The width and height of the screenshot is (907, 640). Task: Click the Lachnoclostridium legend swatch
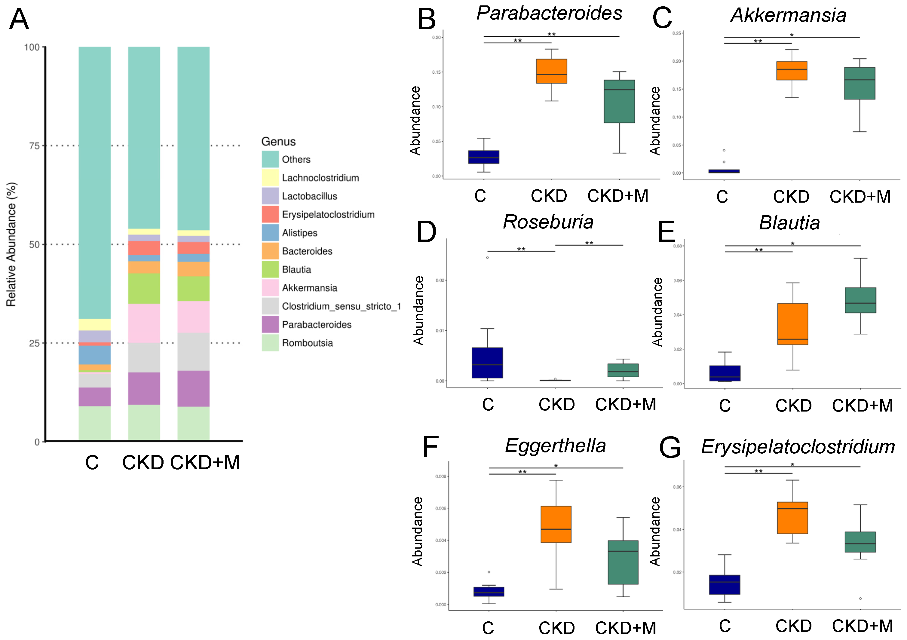click(x=270, y=178)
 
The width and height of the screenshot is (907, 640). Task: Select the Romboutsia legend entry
click(x=307, y=343)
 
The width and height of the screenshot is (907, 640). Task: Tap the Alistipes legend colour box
click(x=270, y=233)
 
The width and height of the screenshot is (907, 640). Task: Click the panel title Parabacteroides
click(x=549, y=13)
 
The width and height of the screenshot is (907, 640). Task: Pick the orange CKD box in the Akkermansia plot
click(x=791, y=71)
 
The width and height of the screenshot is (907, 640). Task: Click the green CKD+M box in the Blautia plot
click(x=860, y=300)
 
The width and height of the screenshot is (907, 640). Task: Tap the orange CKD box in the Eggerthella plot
click(x=556, y=524)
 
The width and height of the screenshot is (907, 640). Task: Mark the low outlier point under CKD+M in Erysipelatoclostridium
click(x=860, y=599)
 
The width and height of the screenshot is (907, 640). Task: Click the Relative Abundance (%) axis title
click(x=11, y=244)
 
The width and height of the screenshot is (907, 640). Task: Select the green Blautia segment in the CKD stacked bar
click(x=144, y=288)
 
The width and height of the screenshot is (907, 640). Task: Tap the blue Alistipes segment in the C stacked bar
click(x=94, y=355)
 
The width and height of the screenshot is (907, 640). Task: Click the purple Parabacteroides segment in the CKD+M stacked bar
click(x=193, y=388)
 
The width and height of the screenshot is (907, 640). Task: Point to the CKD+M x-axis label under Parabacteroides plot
click(x=617, y=196)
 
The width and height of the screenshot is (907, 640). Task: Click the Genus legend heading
click(x=278, y=141)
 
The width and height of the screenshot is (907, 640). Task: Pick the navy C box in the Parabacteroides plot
click(x=483, y=157)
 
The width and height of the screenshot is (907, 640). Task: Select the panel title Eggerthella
click(x=555, y=446)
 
